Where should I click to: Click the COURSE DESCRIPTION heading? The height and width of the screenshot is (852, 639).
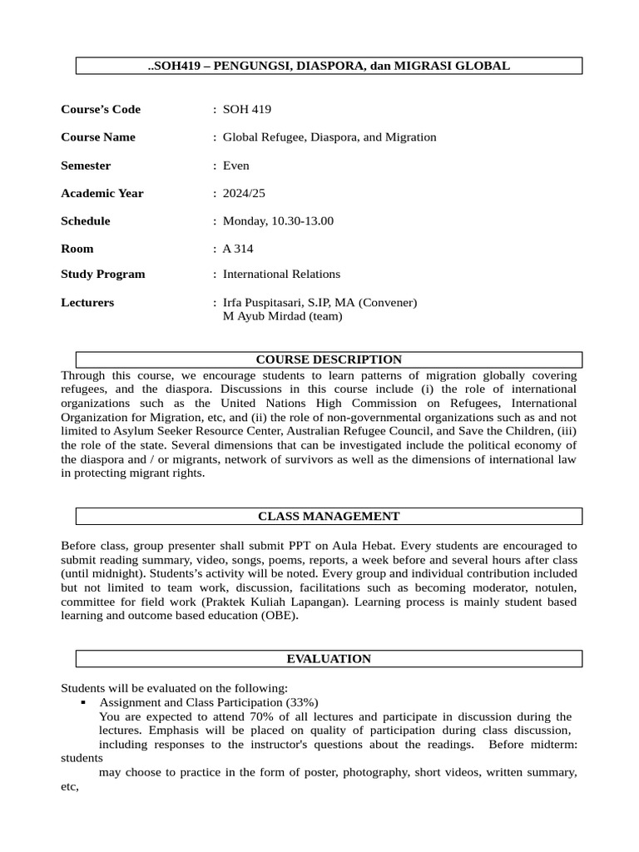click(329, 359)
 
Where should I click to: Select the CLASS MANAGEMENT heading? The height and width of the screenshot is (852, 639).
click(329, 517)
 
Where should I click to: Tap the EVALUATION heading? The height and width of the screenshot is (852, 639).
click(329, 659)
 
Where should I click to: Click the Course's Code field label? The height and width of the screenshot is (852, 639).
click(101, 109)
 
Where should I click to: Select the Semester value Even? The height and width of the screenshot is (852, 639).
click(236, 166)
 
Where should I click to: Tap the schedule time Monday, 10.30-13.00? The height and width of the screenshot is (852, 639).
click(278, 221)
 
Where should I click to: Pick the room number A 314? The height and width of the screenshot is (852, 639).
click(238, 249)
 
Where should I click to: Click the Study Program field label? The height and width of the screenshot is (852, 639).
click(103, 274)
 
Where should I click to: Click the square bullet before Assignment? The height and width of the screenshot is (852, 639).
click(84, 702)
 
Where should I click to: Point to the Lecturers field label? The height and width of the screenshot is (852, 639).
click(87, 303)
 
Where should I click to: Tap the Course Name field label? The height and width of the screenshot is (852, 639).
click(98, 137)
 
